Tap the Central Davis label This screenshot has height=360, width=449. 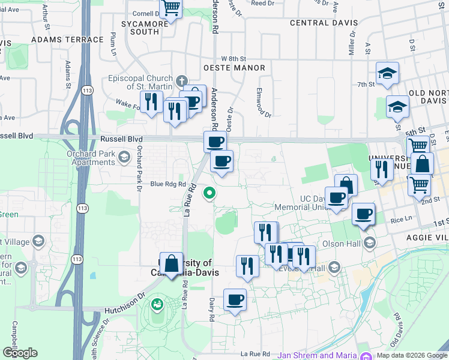click(324, 23)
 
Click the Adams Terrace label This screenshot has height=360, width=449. click(67, 40)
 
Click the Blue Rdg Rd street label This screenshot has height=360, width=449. click(168, 184)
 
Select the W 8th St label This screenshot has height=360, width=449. click(234, 59)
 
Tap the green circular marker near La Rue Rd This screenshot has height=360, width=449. click(209, 193)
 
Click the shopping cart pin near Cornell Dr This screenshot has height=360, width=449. click(171, 8)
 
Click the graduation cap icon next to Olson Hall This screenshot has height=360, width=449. click(369, 243)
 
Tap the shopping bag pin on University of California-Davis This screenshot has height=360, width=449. click(172, 263)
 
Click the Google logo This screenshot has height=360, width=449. click(20, 353)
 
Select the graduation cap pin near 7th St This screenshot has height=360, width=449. click(387, 73)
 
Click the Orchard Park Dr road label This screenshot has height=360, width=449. click(138, 166)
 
